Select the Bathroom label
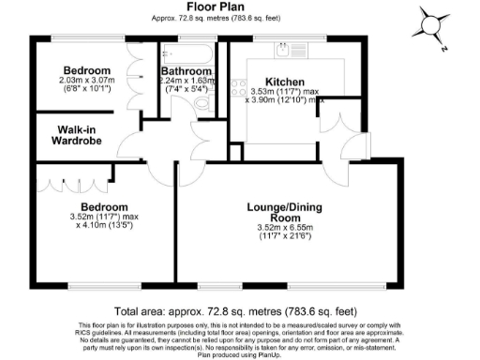click(x=185, y=70)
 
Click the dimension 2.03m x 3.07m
click(x=87, y=81)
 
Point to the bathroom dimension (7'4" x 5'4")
click(x=186, y=90)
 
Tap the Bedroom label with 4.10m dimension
click(x=103, y=206)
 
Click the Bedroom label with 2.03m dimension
click(x=86, y=69)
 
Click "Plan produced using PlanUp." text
click(x=239, y=354)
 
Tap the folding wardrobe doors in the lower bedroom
click(x=59, y=178)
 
